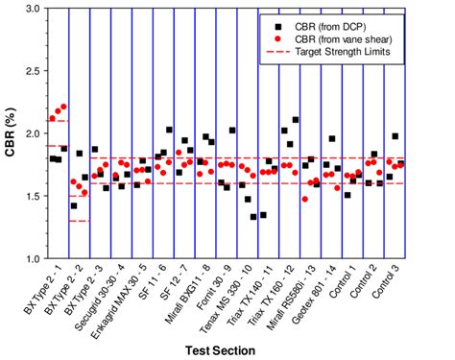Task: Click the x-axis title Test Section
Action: pyautogui.click(x=222, y=350)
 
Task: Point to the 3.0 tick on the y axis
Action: pyautogui.click(x=32, y=9)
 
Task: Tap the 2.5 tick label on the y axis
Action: pyautogui.click(x=32, y=71)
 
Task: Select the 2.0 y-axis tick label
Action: pyautogui.click(x=32, y=133)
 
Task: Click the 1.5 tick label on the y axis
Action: pyautogui.click(x=32, y=196)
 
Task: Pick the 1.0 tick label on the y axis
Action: pyautogui.click(x=32, y=259)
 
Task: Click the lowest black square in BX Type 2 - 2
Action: pyautogui.click(x=74, y=205)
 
